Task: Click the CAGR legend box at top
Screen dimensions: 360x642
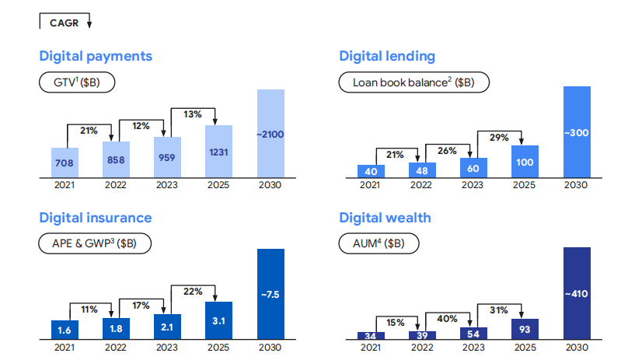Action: (65, 23)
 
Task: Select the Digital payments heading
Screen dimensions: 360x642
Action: (96, 56)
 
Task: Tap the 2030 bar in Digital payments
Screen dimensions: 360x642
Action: (270, 134)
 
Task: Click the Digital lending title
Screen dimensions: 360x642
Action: (387, 56)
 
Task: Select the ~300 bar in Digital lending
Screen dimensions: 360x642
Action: (577, 132)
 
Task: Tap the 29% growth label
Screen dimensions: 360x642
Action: (499, 138)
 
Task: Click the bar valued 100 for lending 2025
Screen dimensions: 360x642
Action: (525, 162)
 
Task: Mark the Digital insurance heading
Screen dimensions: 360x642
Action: (96, 218)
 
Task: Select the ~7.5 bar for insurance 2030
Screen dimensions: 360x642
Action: (270, 294)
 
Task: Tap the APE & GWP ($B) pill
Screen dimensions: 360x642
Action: (95, 243)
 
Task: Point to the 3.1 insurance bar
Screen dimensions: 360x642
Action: (218, 320)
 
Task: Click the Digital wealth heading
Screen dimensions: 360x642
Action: (385, 218)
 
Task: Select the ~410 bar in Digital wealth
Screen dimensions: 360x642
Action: (577, 294)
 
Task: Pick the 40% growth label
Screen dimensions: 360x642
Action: (447, 319)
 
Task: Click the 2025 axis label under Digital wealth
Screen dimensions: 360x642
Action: (525, 347)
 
